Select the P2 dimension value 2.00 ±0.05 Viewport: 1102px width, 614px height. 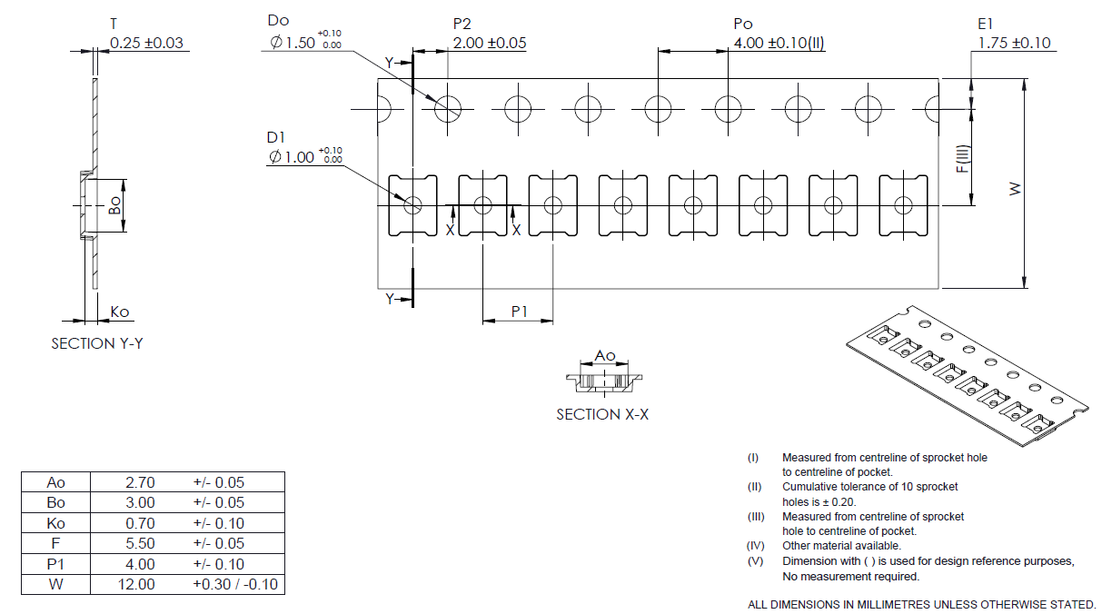[x=489, y=43]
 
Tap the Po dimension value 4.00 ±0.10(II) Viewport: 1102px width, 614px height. [x=779, y=43]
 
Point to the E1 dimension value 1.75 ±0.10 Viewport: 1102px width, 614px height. [x=1014, y=43]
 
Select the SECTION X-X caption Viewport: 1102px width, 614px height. [x=602, y=414]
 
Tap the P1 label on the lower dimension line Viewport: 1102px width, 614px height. [x=519, y=312]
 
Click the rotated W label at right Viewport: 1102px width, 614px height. [x=1041, y=188]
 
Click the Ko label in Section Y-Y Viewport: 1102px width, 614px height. [x=120, y=312]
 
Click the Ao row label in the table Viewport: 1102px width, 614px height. [x=56, y=482]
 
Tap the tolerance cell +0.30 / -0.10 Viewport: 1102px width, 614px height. [x=234, y=584]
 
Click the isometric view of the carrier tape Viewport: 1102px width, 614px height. [x=967, y=377]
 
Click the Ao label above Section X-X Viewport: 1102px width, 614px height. [x=604, y=355]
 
